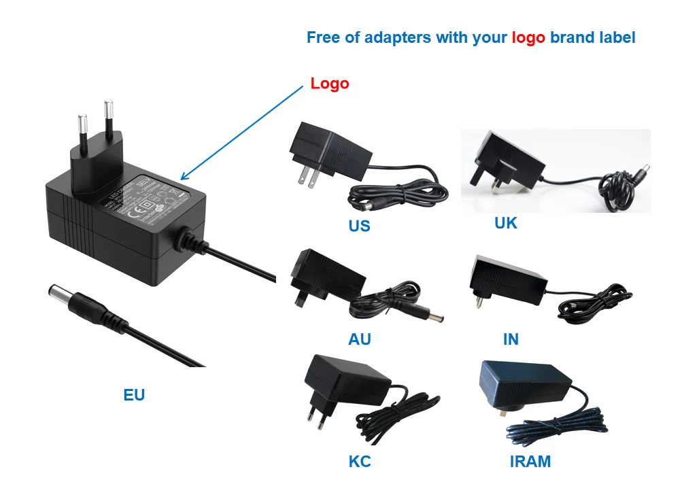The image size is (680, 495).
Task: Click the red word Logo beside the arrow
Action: [330, 84]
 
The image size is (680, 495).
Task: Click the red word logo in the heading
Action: [528, 37]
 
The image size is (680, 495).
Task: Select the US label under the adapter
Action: [359, 226]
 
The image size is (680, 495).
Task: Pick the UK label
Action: [506, 222]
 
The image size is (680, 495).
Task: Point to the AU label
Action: [360, 339]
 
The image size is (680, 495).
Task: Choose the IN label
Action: [511, 339]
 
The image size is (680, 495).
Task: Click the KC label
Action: [360, 462]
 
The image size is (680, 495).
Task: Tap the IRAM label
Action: [530, 462]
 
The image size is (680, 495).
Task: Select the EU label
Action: [134, 394]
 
